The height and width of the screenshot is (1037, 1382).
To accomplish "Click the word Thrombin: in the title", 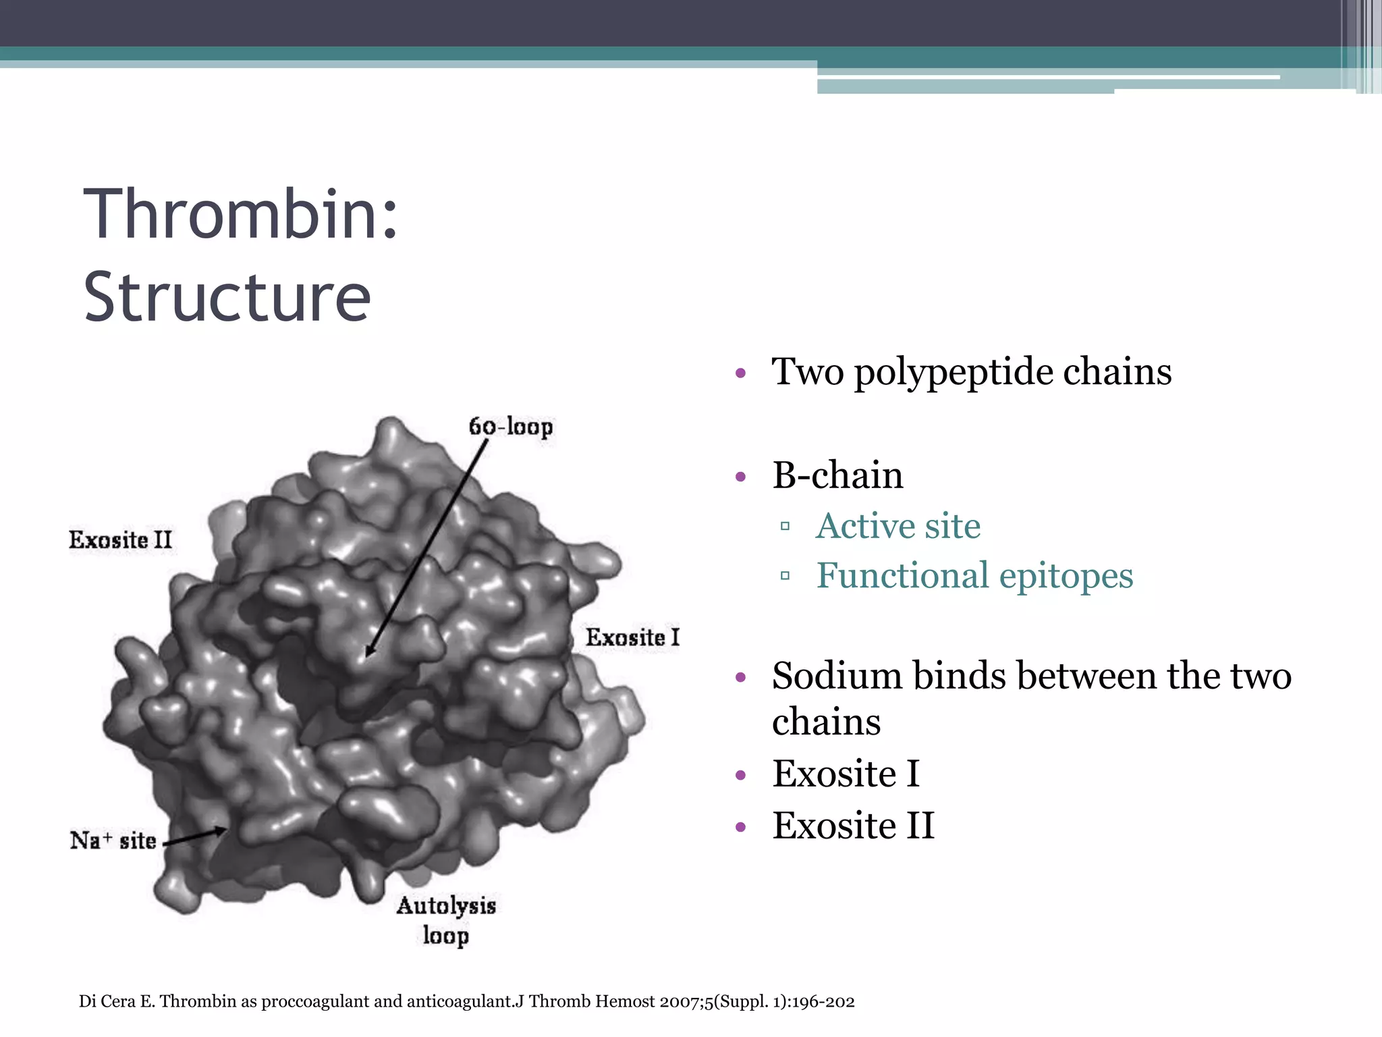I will tap(241, 215).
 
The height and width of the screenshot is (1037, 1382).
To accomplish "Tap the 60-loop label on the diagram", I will tap(511, 427).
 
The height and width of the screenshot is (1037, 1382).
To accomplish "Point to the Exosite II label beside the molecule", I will tap(121, 540).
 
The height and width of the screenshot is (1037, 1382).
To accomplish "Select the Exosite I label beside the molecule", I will tap(632, 637).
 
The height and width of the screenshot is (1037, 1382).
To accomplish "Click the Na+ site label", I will tap(113, 841).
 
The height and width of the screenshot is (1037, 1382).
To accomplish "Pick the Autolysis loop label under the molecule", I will tap(446, 920).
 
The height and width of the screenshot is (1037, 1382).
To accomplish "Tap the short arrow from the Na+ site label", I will tap(196, 836).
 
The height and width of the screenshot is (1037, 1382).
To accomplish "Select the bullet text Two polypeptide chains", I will tap(971, 372).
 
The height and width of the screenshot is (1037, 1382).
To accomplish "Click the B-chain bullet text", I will tap(837, 475).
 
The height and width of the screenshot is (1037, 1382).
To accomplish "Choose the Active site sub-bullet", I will tap(897, 526).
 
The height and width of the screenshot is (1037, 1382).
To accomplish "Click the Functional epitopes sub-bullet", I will tap(974, 576).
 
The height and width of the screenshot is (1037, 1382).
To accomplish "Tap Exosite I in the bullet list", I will tap(846, 774).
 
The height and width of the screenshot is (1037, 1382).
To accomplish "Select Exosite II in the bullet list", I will tap(853, 826).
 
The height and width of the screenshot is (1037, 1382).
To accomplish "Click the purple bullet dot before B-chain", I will tap(741, 477).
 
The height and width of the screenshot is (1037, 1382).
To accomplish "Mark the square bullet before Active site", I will tap(785, 526).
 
